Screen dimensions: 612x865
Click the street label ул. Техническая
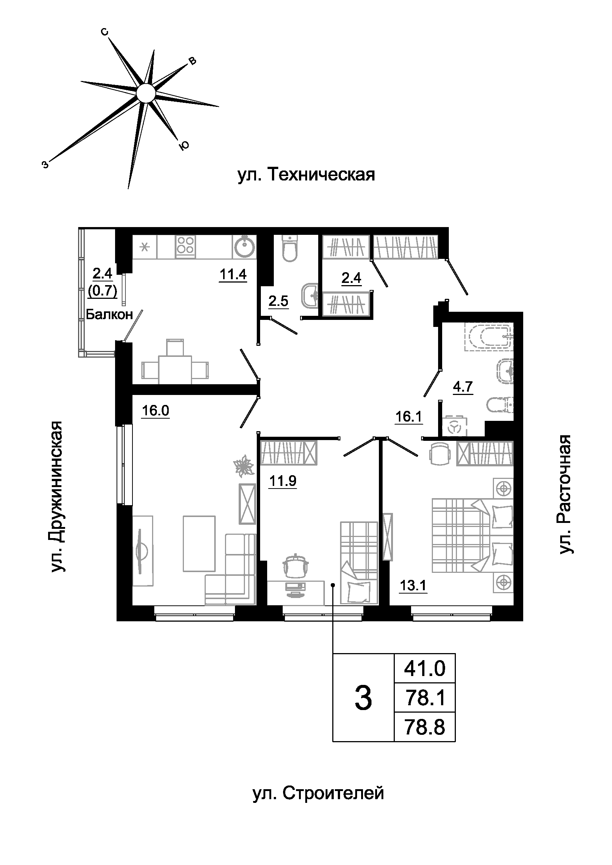click(x=306, y=175)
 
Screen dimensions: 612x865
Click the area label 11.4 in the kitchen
click(x=233, y=274)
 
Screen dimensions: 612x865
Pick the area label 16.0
click(x=155, y=410)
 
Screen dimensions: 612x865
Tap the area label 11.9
click(x=283, y=481)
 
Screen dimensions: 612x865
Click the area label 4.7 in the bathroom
click(x=463, y=386)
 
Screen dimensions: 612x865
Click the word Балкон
click(x=109, y=314)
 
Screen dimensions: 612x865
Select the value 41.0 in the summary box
click(x=425, y=669)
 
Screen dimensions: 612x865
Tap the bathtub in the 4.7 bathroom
click(x=489, y=337)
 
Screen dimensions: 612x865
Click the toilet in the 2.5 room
click(x=289, y=248)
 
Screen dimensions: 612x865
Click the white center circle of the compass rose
click(x=145, y=93)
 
